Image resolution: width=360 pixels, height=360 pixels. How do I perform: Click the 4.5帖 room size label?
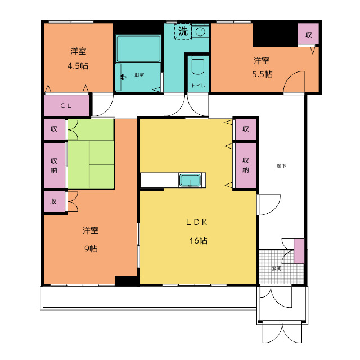(x=78, y=66)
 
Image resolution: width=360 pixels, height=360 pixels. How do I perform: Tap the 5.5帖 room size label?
(x=263, y=74)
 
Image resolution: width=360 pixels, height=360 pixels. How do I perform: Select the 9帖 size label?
(x=91, y=249)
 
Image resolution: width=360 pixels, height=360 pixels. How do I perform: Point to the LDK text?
(x=196, y=222)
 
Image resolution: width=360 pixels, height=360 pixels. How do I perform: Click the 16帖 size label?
(x=198, y=241)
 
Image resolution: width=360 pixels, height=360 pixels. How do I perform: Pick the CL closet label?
(x=66, y=106)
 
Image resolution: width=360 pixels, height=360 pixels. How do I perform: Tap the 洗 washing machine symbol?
(x=183, y=31)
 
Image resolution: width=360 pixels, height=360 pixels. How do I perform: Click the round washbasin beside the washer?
(x=200, y=31)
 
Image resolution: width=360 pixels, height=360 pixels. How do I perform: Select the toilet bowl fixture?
(x=198, y=65)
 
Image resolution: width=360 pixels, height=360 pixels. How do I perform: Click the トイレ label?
(x=199, y=85)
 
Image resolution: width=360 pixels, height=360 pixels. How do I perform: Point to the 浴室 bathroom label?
(x=139, y=75)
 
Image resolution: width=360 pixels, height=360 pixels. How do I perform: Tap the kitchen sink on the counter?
(x=190, y=180)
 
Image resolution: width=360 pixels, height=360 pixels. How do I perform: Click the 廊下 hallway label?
(x=281, y=166)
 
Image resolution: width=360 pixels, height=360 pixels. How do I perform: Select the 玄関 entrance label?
(x=277, y=268)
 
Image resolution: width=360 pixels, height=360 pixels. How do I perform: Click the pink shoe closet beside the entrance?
(x=299, y=251)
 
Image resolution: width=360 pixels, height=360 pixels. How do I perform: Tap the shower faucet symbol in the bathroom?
(x=123, y=78)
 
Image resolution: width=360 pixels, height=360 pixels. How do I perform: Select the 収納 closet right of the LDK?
(x=246, y=165)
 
